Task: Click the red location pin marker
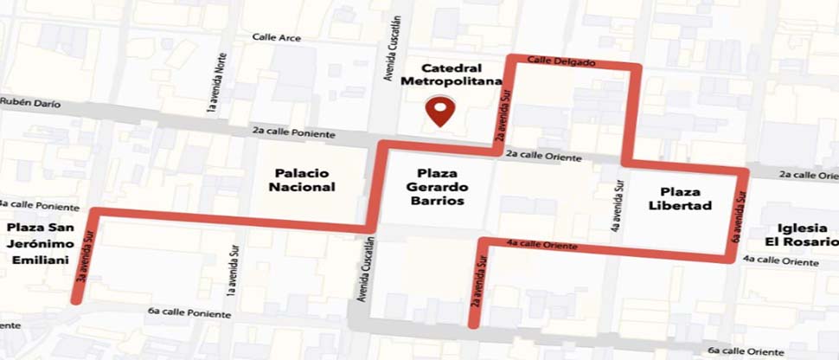(x=442, y=112)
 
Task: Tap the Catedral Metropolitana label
(x=451, y=74)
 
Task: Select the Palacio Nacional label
(x=301, y=179)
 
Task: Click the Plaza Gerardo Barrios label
(x=436, y=187)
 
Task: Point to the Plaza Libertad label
(x=680, y=198)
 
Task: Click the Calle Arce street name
(x=276, y=37)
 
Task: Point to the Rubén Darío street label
(x=30, y=103)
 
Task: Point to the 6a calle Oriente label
(x=746, y=351)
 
